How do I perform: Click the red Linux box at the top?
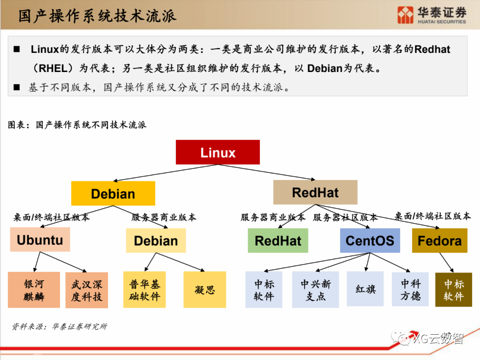pos(218,152)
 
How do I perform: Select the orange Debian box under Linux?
pos(113,194)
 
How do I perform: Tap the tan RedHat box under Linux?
pos(315,192)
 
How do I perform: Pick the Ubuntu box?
pos(40,240)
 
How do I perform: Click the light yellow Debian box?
pos(156,241)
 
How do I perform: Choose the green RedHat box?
pos(278,241)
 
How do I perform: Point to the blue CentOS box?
pos(370,241)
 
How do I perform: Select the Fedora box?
pos(440,241)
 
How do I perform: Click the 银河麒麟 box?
pos(34,290)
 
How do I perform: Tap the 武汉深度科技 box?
pos(87,290)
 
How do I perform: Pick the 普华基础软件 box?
pos(144,290)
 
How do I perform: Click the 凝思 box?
pos(204,290)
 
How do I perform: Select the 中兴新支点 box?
pos(315,290)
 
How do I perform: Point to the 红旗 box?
pos(365,289)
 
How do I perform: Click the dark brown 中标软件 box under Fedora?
pos(453,290)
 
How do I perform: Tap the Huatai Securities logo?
pos(432,15)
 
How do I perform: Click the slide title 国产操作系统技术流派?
pos(97,16)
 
